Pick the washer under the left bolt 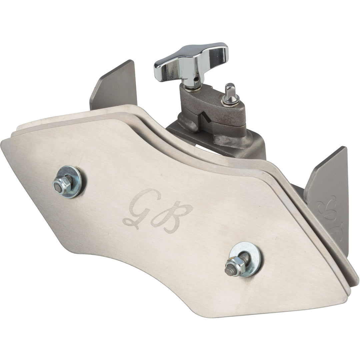pos(69,181)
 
